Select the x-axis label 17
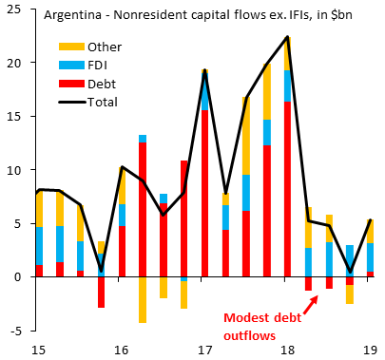204,351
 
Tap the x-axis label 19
370,351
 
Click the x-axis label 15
39,351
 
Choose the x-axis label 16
122,351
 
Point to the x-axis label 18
287,351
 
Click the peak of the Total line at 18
287,37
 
